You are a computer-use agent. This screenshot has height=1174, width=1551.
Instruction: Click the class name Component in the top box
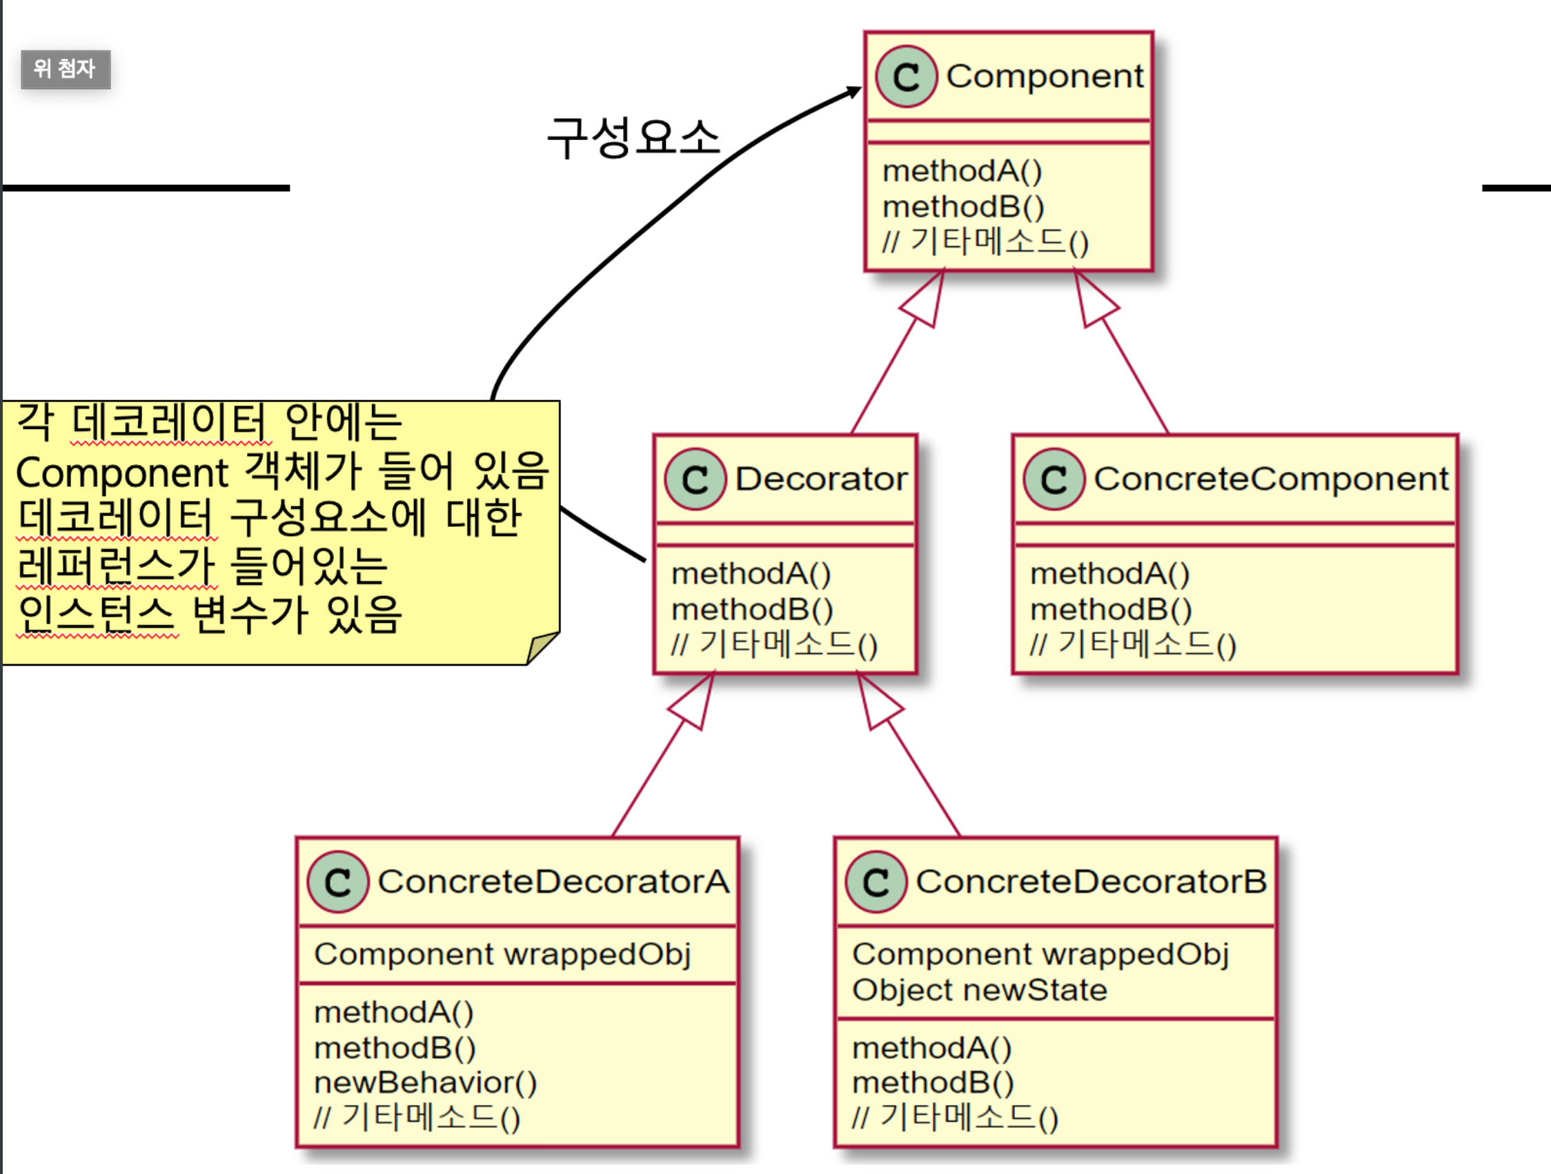point(1044,77)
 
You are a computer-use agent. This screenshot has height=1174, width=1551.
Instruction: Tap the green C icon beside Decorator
point(695,479)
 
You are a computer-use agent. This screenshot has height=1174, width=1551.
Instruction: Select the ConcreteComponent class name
point(1270,479)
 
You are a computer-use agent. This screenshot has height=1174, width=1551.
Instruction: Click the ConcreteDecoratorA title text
point(553,882)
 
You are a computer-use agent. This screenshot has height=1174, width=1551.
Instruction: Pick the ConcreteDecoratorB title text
point(1091,882)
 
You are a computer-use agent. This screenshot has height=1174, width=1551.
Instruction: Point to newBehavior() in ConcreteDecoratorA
point(425,1083)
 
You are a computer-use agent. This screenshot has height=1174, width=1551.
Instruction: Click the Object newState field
point(979,991)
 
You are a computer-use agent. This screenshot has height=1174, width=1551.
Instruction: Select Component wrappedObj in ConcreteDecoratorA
point(502,955)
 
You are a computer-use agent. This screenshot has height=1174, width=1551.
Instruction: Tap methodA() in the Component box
point(961,171)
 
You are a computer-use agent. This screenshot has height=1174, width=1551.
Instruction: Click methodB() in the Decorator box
point(751,610)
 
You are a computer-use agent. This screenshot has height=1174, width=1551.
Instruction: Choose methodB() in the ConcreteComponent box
point(1111,610)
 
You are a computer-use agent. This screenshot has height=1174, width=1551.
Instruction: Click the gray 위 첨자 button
point(66,70)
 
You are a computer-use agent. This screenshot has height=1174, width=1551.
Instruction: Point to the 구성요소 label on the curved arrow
point(633,137)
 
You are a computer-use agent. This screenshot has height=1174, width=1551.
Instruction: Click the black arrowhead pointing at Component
point(854,92)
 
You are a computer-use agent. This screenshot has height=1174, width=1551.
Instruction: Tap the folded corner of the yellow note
point(542,648)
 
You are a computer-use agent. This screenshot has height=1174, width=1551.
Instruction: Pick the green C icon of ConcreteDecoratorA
point(338,882)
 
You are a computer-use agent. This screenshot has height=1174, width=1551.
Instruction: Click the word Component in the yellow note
point(121,472)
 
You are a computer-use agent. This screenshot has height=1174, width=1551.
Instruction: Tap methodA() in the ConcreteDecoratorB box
point(931,1048)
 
